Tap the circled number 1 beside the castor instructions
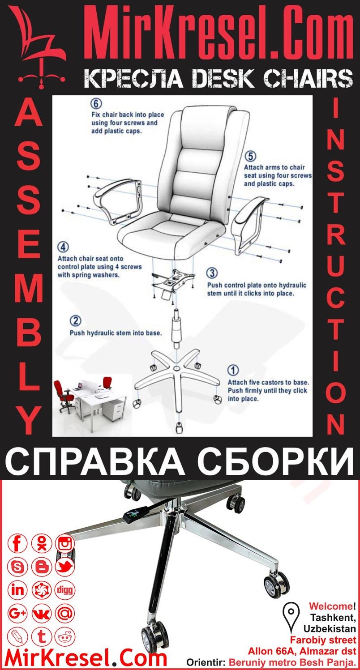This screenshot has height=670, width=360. (x=233, y=371)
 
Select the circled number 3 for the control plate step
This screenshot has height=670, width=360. (x=212, y=273)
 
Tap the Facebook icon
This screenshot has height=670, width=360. (x=18, y=544)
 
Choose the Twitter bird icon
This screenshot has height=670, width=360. (x=65, y=567)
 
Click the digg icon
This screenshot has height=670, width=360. (x=65, y=590)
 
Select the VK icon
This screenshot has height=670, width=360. (x=42, y=613)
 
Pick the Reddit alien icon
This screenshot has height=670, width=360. (x=65, y=636)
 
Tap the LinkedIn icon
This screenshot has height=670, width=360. (x=18, y=590)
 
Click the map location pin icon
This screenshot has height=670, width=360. (x=292, y=612)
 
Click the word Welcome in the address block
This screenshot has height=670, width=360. (x=330, y=606)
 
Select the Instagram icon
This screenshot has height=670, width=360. (x=65, y=544)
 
